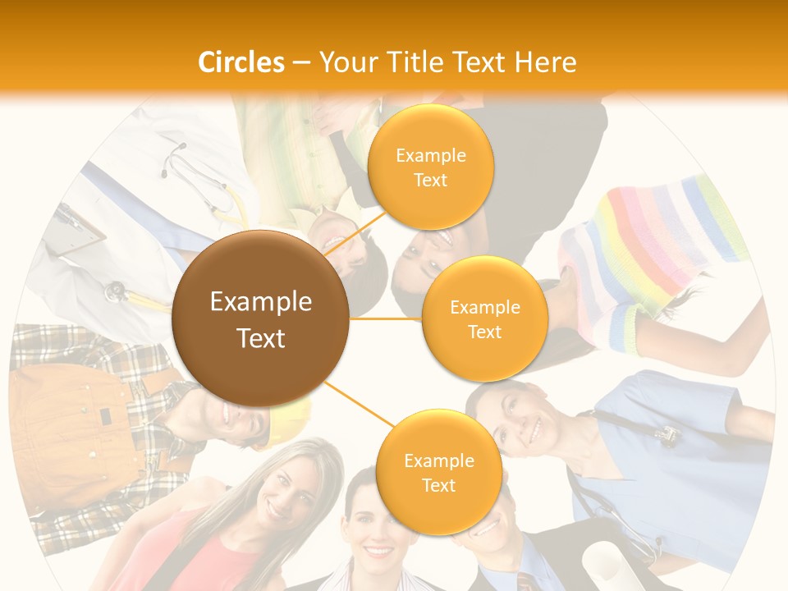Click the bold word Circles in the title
[x=241, y=62]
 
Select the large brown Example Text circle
[x=261, y=319]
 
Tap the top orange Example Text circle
[x=430, y=167]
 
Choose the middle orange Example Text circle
[x=484, y=318]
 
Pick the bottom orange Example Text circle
[x=438, y=472]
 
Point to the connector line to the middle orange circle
[x=386, y=318]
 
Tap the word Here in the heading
[x=545, y=62]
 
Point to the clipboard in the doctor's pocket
[x=78, y=226]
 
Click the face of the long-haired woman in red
[x=283, y=492]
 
